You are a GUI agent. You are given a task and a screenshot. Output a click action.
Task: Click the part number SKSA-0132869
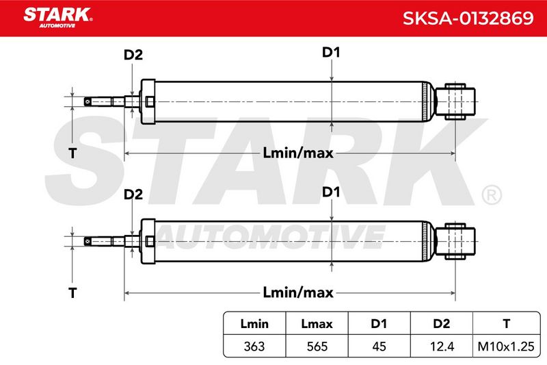coord(468,18)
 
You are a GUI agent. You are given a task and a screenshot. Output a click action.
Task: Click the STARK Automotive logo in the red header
coord(58,18)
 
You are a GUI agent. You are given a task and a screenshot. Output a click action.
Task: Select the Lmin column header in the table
coord(254,323)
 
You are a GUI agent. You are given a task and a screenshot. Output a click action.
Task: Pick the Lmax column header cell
coord(317,323)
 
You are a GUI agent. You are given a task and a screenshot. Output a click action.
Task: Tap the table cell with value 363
coord(254,346)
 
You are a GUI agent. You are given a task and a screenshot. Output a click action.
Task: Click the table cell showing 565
coord(317,346)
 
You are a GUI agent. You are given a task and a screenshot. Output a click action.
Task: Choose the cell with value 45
coord(379,346)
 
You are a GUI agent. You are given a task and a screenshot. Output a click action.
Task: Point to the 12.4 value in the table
coord(442,346)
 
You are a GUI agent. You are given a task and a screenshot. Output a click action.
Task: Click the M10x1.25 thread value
coord(506,346)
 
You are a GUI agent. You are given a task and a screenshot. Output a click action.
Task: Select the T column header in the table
coord(507,323)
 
